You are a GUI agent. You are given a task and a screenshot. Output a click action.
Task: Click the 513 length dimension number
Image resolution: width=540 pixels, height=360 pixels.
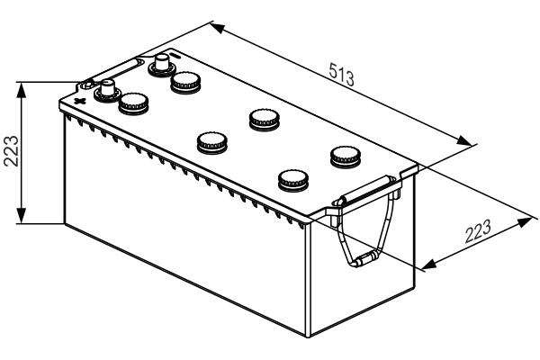[x=340, y=74]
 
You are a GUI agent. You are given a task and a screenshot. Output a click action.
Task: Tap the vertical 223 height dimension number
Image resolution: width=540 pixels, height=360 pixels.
[x=11, y=151]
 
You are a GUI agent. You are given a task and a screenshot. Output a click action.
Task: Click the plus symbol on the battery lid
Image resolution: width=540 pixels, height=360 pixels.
[x=80, y=99]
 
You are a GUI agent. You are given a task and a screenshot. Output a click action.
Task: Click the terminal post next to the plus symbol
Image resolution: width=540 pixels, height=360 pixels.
[x=107, y=91]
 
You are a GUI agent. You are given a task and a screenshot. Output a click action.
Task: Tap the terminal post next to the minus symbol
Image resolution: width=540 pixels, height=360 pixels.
[x=163, y=64]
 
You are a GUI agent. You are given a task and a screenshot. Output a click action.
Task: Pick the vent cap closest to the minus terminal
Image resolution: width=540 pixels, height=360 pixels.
[x=185, y=81]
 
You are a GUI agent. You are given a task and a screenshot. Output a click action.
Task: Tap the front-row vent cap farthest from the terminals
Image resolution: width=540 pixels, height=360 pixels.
[x=292, y=178]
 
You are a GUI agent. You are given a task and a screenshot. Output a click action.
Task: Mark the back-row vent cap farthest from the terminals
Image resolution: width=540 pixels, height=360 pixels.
[x=344, y=155]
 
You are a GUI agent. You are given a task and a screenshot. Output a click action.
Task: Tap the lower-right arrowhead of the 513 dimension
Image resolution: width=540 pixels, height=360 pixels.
[x=467, y=141]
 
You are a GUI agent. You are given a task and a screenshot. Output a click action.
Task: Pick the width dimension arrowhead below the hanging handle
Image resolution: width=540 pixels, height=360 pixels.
[x=427, y=265]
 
